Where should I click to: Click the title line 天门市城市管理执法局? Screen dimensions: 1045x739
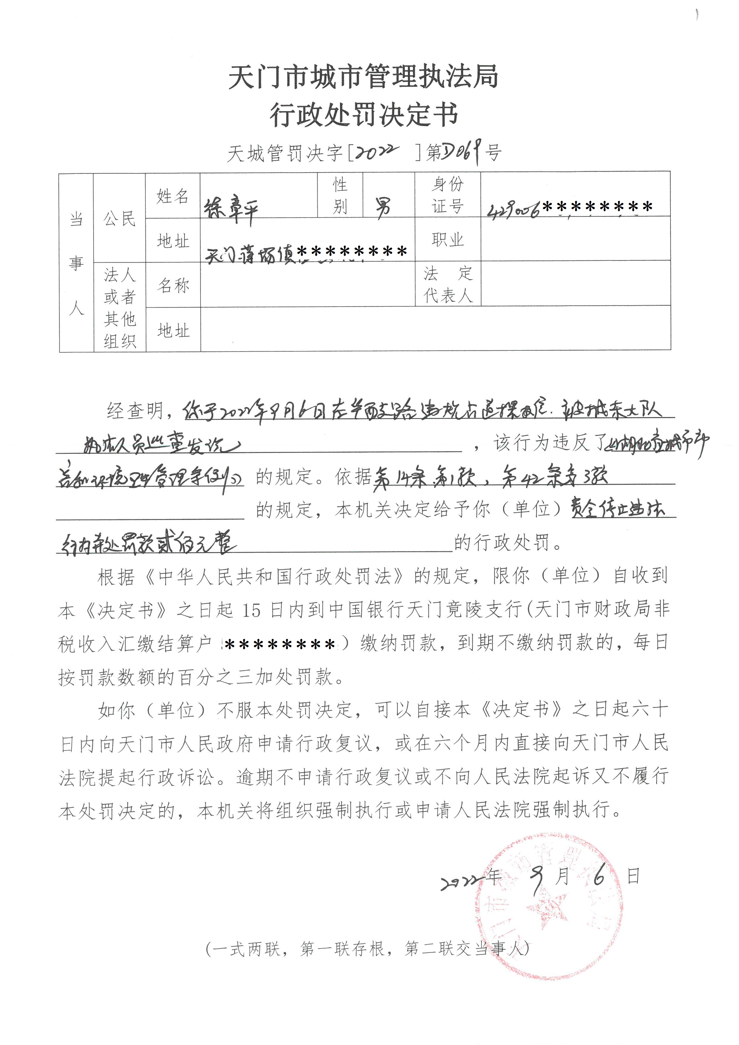coord(363,77)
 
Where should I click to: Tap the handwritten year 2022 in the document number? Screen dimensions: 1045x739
coord(377,153)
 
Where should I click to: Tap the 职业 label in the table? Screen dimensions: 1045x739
coord(448,239)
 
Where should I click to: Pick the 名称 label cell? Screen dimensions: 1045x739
coord(173,285)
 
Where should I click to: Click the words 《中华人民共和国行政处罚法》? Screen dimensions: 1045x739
coord(274,577)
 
